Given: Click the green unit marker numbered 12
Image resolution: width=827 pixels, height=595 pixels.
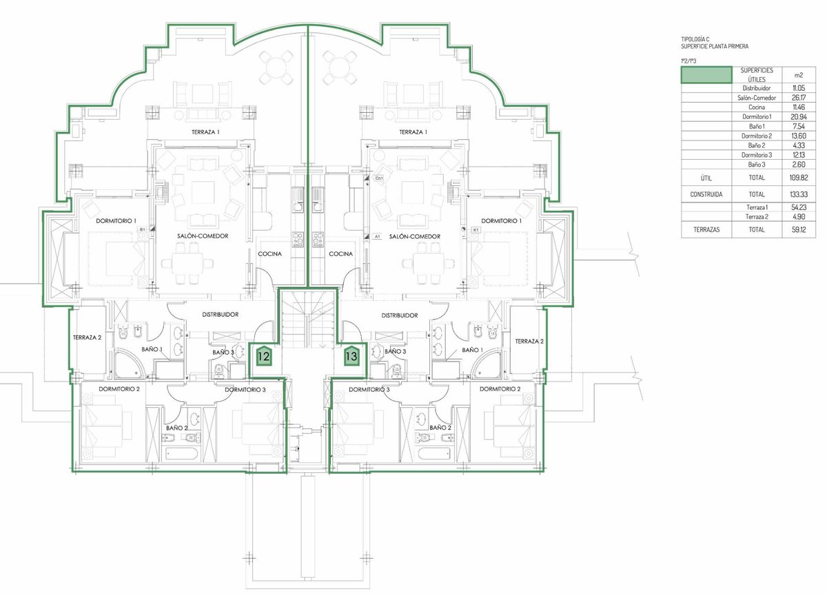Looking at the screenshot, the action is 264,356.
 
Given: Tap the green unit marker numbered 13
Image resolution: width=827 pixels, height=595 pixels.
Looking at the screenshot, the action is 352,356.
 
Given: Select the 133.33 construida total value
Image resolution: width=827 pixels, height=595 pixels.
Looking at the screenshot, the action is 799,194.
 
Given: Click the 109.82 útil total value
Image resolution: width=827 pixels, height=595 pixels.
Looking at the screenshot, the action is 799,178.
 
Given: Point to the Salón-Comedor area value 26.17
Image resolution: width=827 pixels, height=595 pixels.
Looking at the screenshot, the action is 799,97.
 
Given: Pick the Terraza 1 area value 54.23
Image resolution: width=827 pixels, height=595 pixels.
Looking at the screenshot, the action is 799,207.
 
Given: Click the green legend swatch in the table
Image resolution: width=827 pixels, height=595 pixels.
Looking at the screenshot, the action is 706,75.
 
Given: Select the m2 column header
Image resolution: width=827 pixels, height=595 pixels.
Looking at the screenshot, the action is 799,75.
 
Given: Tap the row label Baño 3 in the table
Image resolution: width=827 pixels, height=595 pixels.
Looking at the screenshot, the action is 757,165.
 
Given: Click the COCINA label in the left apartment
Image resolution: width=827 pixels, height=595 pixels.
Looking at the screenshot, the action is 269,254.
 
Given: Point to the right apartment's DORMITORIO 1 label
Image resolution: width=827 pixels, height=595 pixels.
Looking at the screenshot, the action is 502,221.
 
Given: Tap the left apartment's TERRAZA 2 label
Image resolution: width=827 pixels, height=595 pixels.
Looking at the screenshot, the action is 87,337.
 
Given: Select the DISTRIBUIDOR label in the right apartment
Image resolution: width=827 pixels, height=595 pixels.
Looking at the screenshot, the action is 400,315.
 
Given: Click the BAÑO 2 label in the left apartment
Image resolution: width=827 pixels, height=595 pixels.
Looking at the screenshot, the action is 177,428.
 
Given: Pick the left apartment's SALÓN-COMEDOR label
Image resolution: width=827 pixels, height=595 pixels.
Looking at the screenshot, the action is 203,236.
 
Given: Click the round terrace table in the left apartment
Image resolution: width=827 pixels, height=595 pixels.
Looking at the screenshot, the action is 276,67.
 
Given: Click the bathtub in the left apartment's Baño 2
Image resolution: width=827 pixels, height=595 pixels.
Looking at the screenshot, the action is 182,453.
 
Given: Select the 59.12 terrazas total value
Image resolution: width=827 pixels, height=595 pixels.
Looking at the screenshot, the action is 799,229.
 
